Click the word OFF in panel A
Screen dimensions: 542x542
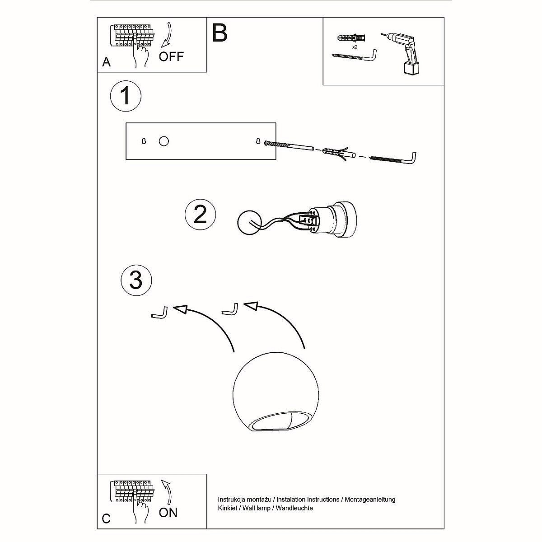[x=171, y=56]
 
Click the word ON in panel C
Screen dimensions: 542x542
[x=168, y=512]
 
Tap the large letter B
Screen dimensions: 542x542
[x=220, y=33]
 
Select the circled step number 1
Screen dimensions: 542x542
[x=126, y=96]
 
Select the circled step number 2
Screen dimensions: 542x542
[x=200, y=215]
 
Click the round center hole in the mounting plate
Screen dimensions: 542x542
[x=164, y=141]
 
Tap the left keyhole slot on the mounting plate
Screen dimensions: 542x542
[x=144, y=141]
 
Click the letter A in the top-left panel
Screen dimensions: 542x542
[x=106, y=62]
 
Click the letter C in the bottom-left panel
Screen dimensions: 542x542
[x=106, y=519]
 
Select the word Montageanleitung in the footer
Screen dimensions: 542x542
[x=370, y=500]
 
